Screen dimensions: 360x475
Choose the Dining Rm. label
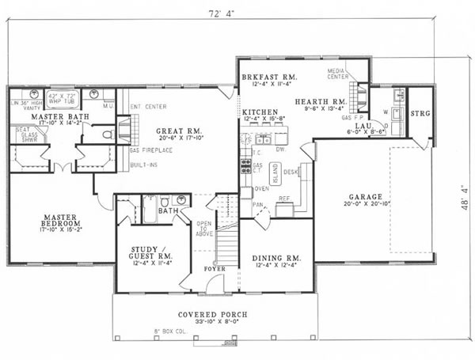click(x=276, y=258)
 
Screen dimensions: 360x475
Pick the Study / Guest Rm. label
click(x=153, y=254)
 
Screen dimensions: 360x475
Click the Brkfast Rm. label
click(x=269, y=75)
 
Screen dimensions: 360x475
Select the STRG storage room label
click(x=419, y=114)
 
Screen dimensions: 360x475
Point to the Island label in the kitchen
click(x=275, y=171)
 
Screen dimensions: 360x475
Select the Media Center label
click(x=338, y=76)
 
